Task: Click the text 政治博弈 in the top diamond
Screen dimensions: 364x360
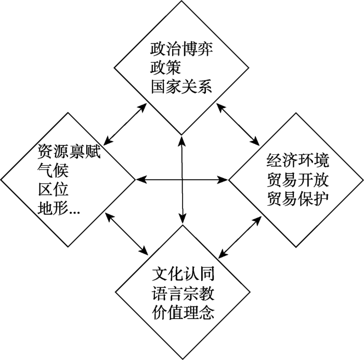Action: [x=181, y=49]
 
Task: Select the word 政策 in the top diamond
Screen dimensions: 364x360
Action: [x=166, y=68]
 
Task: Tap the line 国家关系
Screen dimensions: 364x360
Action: [x=181, y=87]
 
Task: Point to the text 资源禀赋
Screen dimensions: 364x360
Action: [x=69, y=151]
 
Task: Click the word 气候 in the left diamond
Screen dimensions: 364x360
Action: [x=53, y=170]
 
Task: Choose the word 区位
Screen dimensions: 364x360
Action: [x=53, y=189]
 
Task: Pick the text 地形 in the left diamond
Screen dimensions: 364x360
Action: [x=53, y=208]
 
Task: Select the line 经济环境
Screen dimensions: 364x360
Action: [x=298, y=161]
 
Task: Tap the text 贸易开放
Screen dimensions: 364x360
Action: [x=298, y=179]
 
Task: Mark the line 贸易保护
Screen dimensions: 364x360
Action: [x=298, y=198]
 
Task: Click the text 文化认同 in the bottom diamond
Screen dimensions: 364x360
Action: [x=183, y=274]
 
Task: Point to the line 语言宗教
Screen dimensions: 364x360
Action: [x=183, y=293]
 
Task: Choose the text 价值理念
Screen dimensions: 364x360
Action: [x=183, y=312]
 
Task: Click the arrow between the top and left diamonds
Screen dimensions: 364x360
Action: [x=125, y=124]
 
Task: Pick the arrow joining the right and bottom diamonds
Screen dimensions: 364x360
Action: [x=240, y=236]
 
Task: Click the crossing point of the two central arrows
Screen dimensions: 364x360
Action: [x=182, y=180]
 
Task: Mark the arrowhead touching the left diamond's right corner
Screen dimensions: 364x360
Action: [x=141, y=180]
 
